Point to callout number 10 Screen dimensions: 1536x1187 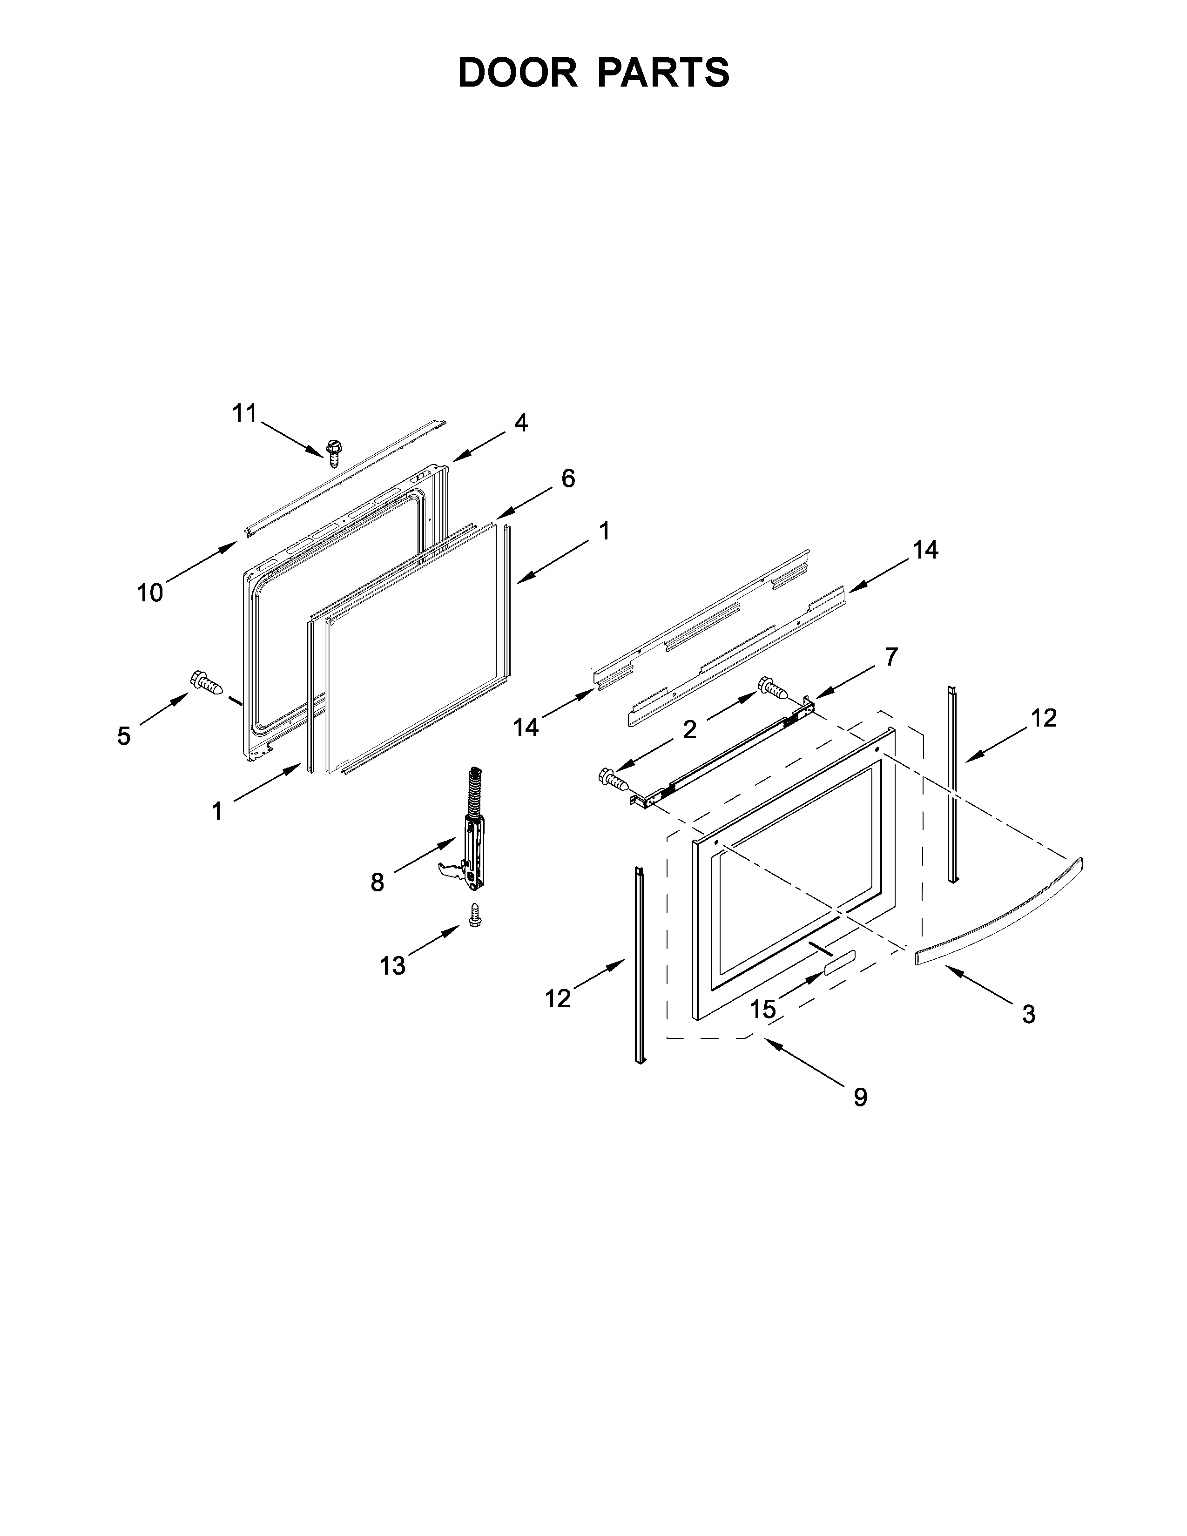point(150,593)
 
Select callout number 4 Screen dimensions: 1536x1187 point(520,423)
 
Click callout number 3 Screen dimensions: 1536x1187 point(1028,1014)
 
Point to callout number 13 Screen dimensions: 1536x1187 point(392,966)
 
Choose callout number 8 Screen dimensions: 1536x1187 point(378,882)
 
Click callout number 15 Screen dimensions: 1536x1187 point(762,1009)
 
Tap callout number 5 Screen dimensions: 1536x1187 point(124,736)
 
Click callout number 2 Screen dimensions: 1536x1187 point(690,729)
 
